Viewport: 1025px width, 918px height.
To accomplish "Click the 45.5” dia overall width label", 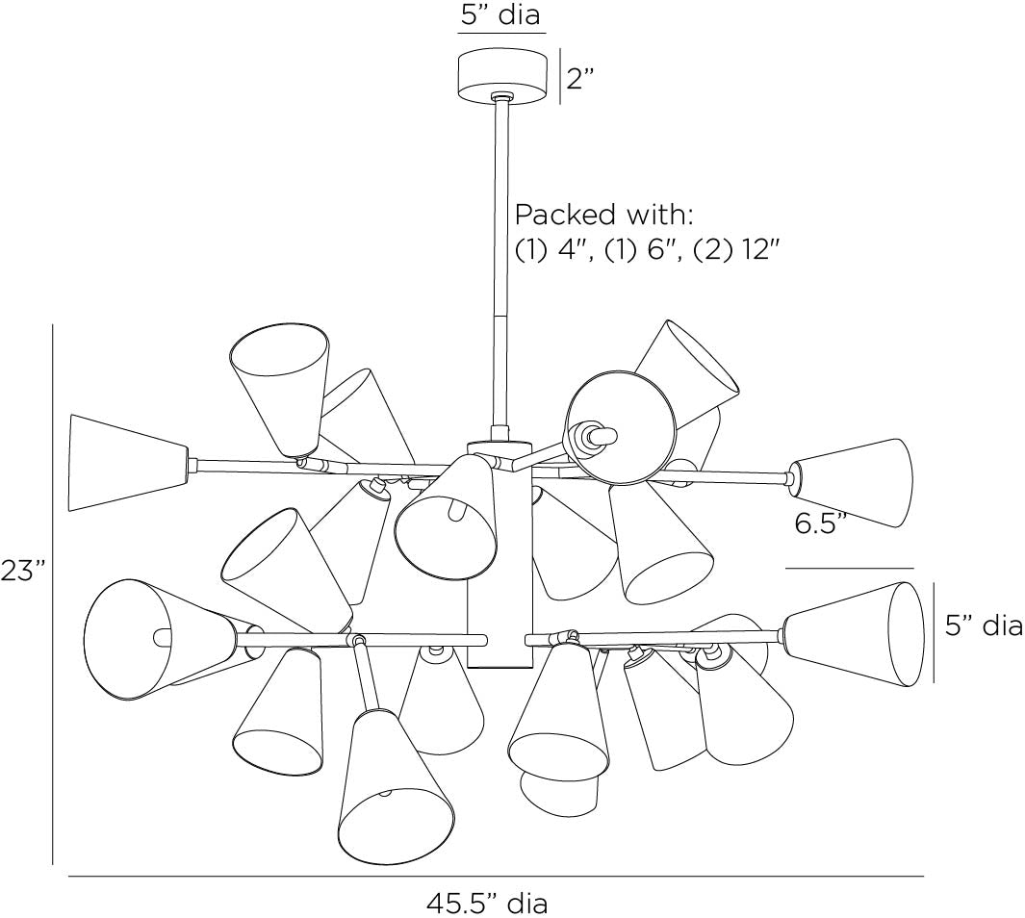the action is tap(487, 904).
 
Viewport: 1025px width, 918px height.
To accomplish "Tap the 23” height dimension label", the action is tap(22, 571).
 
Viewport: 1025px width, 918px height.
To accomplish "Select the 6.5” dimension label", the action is tap(821, 523).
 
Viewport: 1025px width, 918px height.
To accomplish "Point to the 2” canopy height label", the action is tap(579, 78).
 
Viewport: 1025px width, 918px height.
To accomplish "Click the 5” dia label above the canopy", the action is tap(500, 14).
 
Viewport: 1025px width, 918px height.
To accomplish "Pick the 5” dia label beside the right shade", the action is tap(984, 625).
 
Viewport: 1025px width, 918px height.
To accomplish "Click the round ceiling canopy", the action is tap(502, 74).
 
